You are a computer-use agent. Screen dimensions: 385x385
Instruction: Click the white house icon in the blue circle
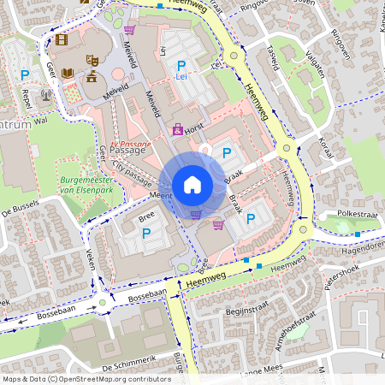pos(192,185)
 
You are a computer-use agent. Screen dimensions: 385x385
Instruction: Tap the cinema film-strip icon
pos(61,38)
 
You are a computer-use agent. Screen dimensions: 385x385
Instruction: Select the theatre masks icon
pos(92,59)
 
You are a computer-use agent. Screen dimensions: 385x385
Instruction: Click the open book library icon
pos(67,74)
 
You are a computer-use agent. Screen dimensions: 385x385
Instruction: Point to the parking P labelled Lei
pos(181,66)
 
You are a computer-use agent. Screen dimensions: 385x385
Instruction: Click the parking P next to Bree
pos(145,233)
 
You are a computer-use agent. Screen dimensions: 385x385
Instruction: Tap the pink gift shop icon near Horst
pos(178,130)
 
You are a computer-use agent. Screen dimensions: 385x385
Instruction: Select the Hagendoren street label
pos(360,244)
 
